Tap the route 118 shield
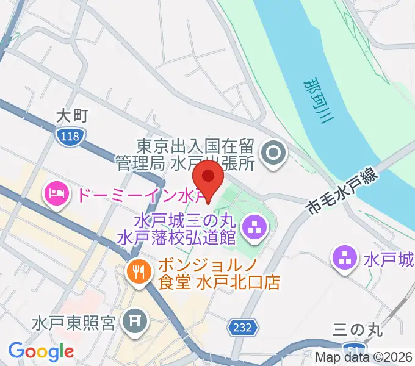tap(70, 137)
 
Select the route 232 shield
tap(242, 328)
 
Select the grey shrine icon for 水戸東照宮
tap(133, 320)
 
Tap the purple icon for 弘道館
tap(253, 228)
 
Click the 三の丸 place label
tap(358, 330)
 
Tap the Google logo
tap(41, 351)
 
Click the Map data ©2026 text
tap(364, 357)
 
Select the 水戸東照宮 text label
tap(74, 321)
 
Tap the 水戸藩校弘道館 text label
tap(177, 236)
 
